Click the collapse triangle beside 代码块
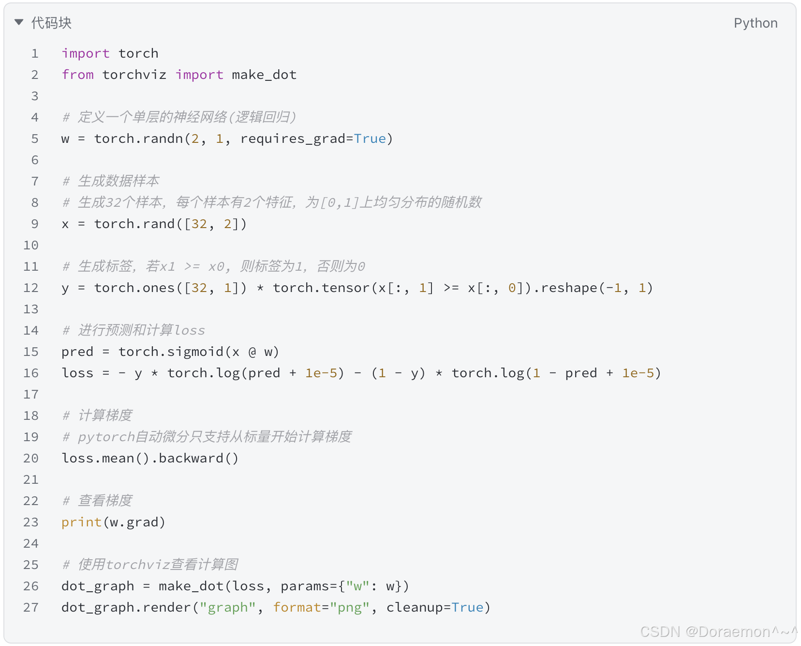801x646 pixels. pyautogui.click(x=19, y=22)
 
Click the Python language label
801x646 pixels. pyautogui.click(x=755, y=23)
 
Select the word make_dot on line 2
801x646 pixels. pyautogui.click(x=264, y=75)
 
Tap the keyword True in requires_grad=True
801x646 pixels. pyautogui.click(x=370, y=138)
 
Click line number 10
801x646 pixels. pyautogui.click(x=31, y=245)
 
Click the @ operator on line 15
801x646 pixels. pyautogui.click(x=252, y=352)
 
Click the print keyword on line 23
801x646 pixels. pyautogui.click(x=81, y=522)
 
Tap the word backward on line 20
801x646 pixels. pyautogui.click(x=191, y=458)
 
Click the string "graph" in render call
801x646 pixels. pyautogui.click(x=228, y=607)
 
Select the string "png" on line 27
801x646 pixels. pyautogui.click(x=350, y=607)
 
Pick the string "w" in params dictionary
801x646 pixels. pyautogui.click(x=358, y=586)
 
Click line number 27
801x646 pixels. pyautogui.click(x=31, y=607)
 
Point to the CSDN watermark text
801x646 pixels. pyautogui.click(x=718, y=631)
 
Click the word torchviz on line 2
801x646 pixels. pyautogui.click(x=134, y=75)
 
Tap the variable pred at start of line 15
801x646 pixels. pyautogui.click(x=77, y=352)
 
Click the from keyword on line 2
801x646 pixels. pyautogui.click(x=78, y=75)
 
